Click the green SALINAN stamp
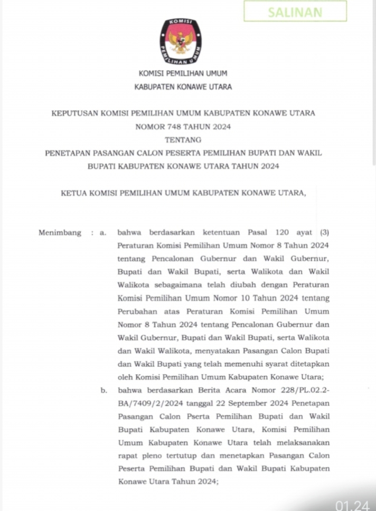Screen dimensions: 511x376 [x=295, y=12]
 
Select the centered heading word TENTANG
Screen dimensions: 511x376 [x=183, y=140]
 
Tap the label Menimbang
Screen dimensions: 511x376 [x=60, y=232]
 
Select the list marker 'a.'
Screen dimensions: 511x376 [x=104, y=232]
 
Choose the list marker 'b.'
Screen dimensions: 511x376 [x=104, y=391]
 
